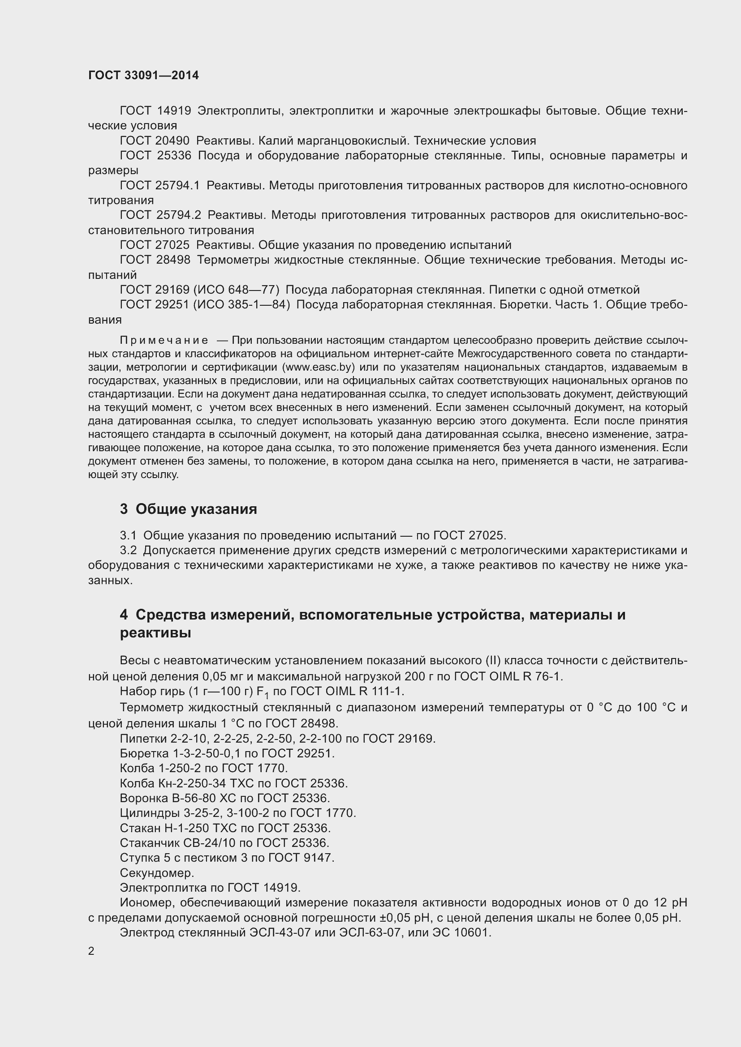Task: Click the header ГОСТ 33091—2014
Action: point(143,75)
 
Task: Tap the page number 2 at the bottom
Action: point(91,951)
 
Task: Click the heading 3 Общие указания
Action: point(189,509)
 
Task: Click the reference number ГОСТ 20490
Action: point(155,141)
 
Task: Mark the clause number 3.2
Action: point(128,551)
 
